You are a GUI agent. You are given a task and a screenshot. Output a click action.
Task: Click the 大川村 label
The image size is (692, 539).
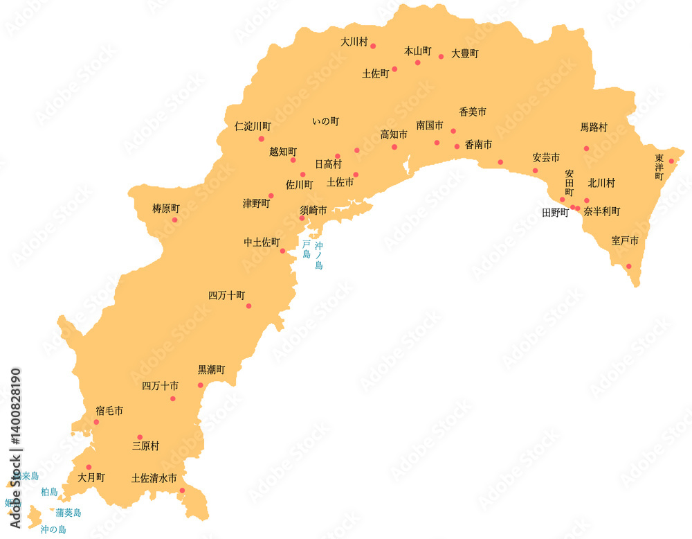pyautogui.click(x=353, y=42)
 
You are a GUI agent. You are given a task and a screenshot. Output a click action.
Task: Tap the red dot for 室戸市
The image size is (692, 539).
pyautogui.click(x=629, y=266)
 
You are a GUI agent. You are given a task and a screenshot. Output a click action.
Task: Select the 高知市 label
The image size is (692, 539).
pyautogui.click(x=394, y=134)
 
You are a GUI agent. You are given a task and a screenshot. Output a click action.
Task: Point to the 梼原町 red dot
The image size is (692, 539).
pyautogui.click(x=174, y=220)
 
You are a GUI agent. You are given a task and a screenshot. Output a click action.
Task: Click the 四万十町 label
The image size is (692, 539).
pyautogui.click(x=227, y=295)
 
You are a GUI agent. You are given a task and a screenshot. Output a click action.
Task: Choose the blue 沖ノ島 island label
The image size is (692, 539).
pyautogui.click(x=318, y=255)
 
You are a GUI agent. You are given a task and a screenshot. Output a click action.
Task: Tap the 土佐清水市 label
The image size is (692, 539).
pyautogui.click(x=154, y=478)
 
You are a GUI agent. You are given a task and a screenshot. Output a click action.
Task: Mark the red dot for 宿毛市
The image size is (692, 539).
pyautogui.click(x=96, y=422)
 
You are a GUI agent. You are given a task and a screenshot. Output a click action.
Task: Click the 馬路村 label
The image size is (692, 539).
pyautogui.click(x=594, y=127)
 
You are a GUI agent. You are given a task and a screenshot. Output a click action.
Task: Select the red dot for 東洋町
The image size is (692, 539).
pyautogui.click(x=671, y=161)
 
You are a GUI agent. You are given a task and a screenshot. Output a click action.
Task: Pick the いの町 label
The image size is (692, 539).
pyautogui.click(x=326, y=121)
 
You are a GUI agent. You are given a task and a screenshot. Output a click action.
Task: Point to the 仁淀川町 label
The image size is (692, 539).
pyautogui.click(x=253, y=127)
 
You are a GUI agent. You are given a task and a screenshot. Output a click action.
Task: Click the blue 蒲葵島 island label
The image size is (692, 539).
pyautogui.click(x=69, y=513)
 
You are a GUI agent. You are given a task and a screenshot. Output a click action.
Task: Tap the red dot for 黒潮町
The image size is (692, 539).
pyautogui.click(x=200, y=385)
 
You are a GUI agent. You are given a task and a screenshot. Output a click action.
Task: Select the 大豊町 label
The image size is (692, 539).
pyautogui.click(x=465, y=53)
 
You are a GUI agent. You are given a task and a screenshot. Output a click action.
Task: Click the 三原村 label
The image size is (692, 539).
pyautogui.click(x=145, y=446)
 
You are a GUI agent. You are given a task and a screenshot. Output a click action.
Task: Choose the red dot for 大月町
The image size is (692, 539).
pyautogui.click(x=89, y=467)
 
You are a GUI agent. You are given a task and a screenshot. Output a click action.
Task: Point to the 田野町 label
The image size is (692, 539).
pyautogui.click(x=555, y=213)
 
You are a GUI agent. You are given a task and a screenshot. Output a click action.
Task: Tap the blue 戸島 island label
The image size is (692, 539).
pyautogui.click(x=307, y=249)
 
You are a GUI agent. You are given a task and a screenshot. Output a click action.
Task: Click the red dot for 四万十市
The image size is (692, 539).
pyautogui.click(x=172, y=398)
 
